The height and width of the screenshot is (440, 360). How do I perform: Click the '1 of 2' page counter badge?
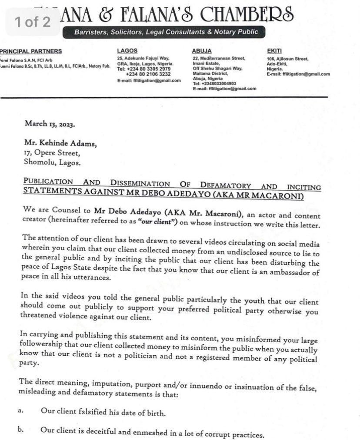pos(33,22)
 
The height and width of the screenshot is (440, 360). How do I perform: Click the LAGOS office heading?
pos(127,51)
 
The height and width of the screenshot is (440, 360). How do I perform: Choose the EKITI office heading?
pos(275,51)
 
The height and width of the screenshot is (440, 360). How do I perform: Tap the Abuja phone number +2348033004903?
pos(216,83)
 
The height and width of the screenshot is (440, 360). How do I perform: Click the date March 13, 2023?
pos(50,123)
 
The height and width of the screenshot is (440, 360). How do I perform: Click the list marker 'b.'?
pos(21,430)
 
